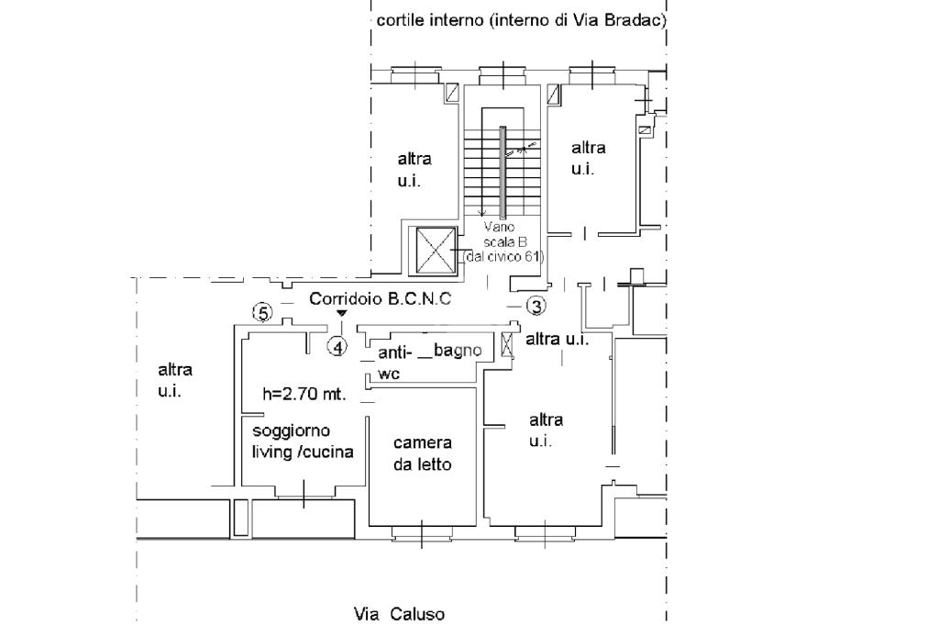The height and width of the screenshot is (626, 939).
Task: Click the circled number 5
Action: [263, 313]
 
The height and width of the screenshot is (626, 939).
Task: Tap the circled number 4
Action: [338, 347]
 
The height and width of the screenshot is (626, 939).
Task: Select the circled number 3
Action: [536, 306]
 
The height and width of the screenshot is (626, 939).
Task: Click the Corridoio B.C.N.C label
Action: [381, 298]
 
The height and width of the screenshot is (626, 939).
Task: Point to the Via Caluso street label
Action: [400, 613]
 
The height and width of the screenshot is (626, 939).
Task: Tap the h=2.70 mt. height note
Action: [304, 396]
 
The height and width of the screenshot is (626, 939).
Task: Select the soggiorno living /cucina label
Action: [303, 441]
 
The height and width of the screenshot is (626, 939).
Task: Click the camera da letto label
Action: [422, 453]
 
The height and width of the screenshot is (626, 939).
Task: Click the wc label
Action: [387, 374]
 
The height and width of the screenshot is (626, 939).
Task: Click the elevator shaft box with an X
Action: [436, 250]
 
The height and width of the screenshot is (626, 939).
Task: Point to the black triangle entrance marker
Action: [341, 314]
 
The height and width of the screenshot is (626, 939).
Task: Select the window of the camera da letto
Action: [422, 531]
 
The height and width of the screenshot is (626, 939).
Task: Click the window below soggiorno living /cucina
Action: [304, 497]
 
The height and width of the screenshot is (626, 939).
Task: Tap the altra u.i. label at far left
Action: [175, 380]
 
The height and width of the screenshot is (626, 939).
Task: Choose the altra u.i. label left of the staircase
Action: [414, 169]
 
